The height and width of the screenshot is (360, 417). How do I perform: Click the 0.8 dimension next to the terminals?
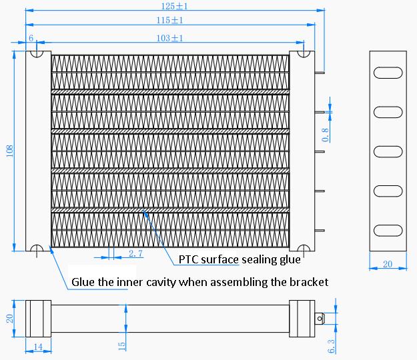click(x=326, y=135)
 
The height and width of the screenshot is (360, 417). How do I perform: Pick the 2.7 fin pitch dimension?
click(x=135, y=253)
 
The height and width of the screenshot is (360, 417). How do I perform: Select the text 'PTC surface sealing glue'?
click(x=240, y=259)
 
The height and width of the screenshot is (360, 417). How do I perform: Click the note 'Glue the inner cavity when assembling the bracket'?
click(x=199, y=281)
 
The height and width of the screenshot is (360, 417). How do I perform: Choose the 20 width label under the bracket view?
click(x=388, y=265)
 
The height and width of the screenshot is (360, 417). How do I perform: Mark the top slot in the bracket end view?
click(x=388, y=73)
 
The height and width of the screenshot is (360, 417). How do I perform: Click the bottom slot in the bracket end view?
click(x=388, y=231)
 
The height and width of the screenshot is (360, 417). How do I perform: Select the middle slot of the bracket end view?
click(x=388, y=153)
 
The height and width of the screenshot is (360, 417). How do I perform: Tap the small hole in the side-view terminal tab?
click(x=321, y=319)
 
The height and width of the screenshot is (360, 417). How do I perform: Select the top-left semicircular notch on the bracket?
click(x=38, y=53)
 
